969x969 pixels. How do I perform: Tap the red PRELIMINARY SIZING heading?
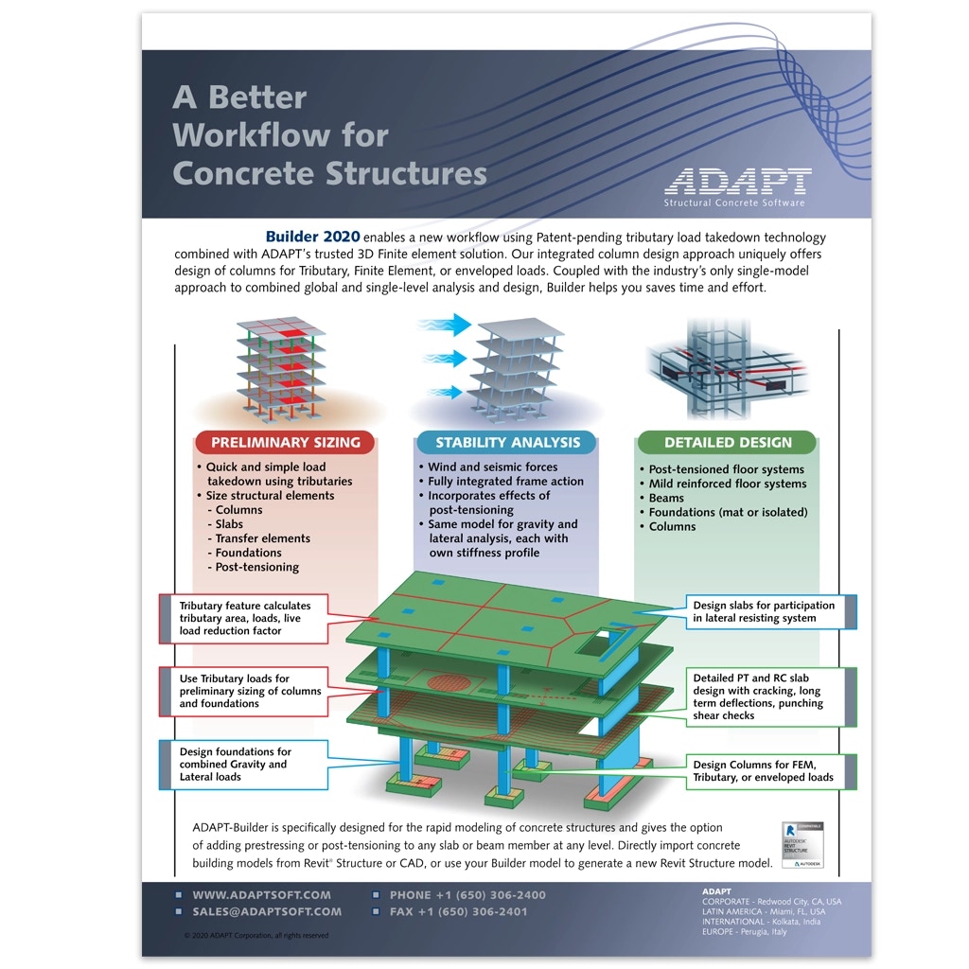click(x=285, y=442)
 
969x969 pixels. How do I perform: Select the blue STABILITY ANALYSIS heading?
click(x=507, y=442)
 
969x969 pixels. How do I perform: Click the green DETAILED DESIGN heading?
click(x=727, y=442)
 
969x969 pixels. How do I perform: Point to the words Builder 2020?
click(x=312, y=237)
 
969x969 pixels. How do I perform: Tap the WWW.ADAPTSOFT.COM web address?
click(x=261, y=894)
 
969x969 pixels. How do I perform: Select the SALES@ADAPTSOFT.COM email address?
click(x=267, y=911)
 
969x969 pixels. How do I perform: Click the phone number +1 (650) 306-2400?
click(x=467, y=894)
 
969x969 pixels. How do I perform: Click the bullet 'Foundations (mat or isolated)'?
click(x=728, y=512)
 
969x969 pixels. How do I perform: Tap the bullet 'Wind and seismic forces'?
click(x=492, y=467)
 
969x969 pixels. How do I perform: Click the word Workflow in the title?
click(x=281, y=135)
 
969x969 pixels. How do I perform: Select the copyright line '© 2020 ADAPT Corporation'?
click(x=256, y=935)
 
